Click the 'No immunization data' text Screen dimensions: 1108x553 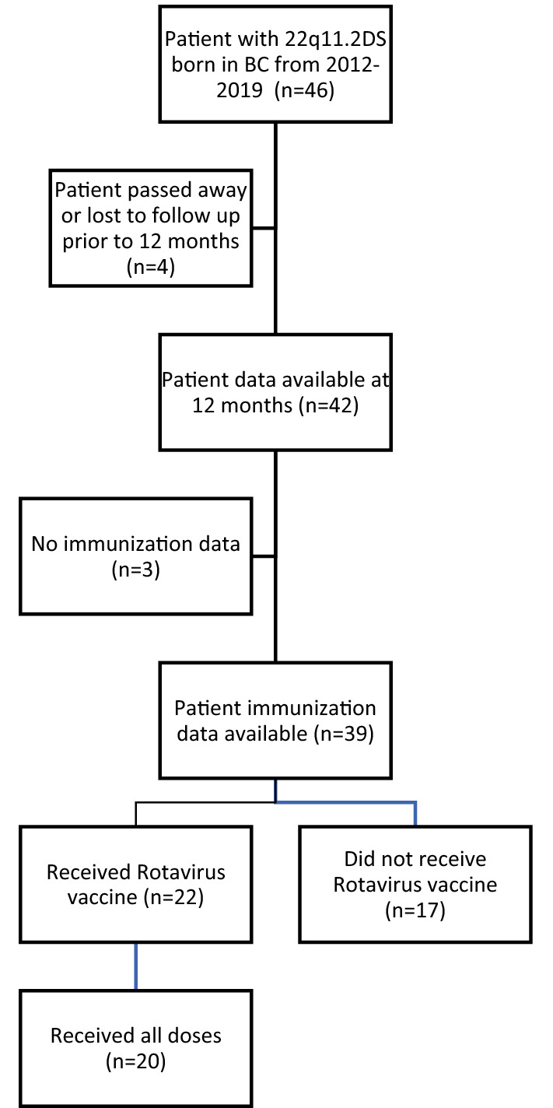click(135, 542)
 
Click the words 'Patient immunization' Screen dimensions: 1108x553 click(275, 708)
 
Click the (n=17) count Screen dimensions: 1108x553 click(415, 909)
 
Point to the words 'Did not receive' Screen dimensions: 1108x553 click(415, 859)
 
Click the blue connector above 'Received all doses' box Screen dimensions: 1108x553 click(136, 966)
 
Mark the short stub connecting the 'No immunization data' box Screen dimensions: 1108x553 click(264, 556)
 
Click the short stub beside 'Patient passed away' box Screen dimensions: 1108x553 click(264, 228)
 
